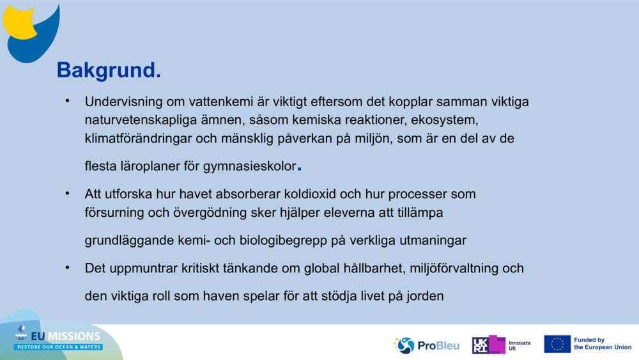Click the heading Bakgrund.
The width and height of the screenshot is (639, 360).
(109, 70)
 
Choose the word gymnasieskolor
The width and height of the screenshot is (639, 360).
(250, 167)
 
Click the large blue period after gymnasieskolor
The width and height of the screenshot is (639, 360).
(300, 169)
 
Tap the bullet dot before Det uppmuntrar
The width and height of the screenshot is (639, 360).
(66, 267)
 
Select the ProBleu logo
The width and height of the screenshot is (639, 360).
(426, 345)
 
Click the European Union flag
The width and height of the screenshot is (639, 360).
(557, 344)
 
